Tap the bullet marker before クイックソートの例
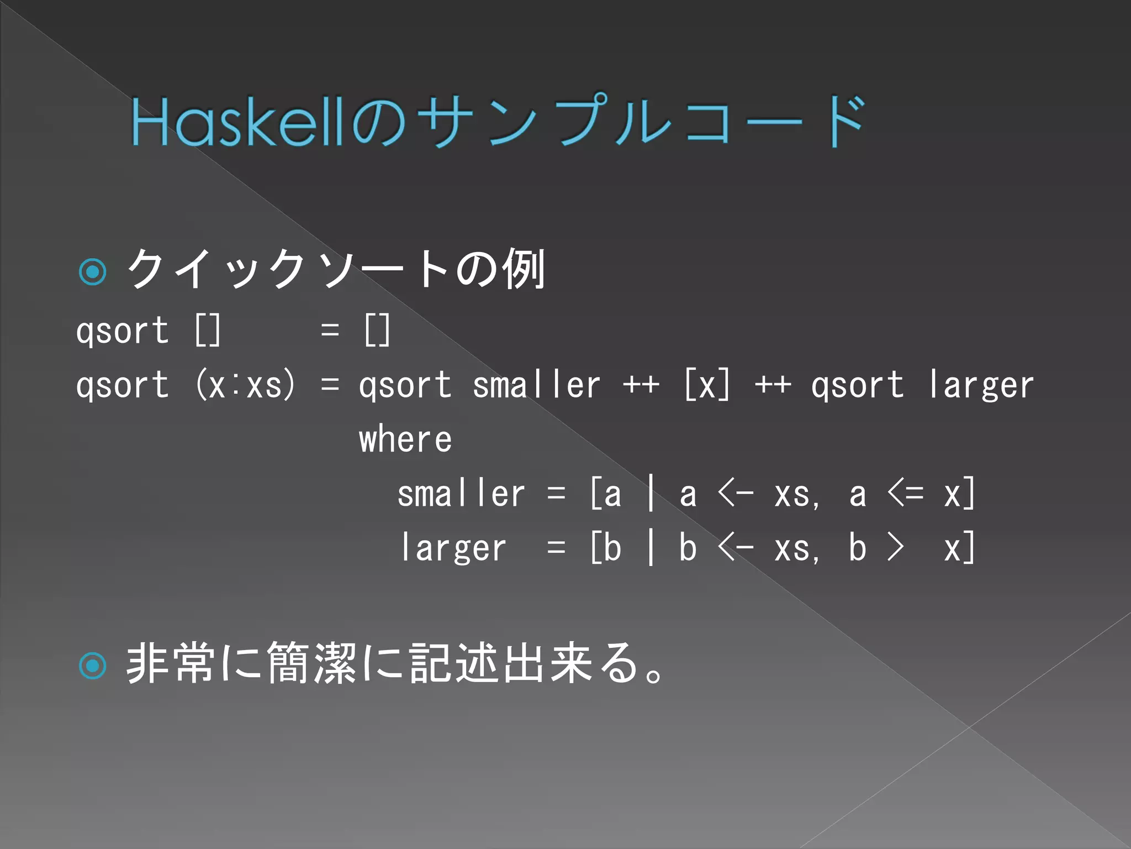click(x=93, y=271)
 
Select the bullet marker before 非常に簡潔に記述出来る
click(x=93, y=665)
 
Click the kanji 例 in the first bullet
click(x=524, y=269)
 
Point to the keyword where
click(x=405, y=439)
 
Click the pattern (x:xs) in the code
click(x=246, y=385)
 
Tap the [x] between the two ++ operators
click(x=707, y=385)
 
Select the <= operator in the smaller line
click(x=905, y=494)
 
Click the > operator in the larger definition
click(x=895, y=548)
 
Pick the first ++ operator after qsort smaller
click(x=641, y=385)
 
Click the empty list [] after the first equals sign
click(x=378, y=331)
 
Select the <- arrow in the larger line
click(x=736, y=548)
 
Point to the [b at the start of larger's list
click(x=606, y=548)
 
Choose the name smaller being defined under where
click(x=461, y=494)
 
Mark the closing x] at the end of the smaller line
click(x=960, y=494)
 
